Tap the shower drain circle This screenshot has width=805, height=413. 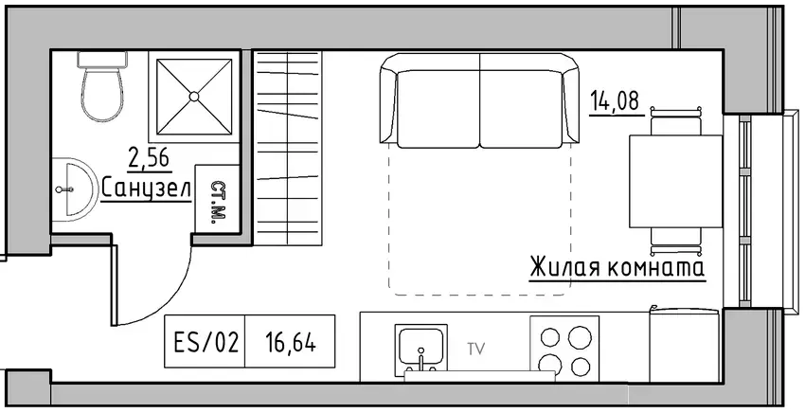[194, 96]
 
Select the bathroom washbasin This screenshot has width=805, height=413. [74, 189]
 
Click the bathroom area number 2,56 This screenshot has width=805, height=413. [150, 158]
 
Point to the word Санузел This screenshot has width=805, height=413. [146, 188]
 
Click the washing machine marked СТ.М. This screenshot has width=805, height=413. [217, 199]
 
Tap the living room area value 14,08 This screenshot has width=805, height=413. [617, 100]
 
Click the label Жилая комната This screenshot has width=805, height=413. [617, 268]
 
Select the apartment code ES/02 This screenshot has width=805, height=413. [206, 342]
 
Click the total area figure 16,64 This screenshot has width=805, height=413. [291, 342]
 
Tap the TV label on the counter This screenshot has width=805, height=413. [476, 350]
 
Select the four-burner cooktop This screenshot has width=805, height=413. [564, 349]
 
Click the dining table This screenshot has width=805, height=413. [676, 181]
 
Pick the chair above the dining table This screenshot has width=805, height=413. [675, 121]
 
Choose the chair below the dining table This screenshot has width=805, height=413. [675, 242]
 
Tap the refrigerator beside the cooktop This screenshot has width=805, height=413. [684, 344]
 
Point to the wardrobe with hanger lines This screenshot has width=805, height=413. [289, 148]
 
